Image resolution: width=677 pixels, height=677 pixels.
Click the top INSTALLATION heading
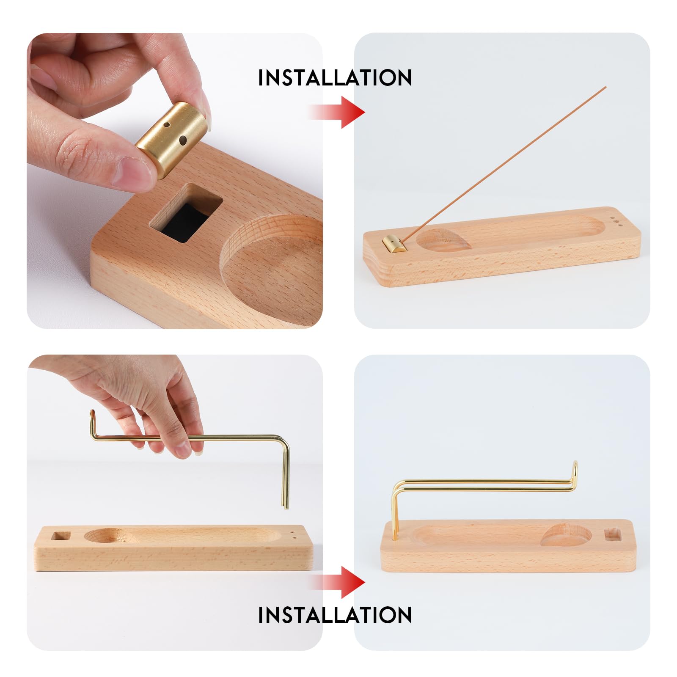tap(335, 77)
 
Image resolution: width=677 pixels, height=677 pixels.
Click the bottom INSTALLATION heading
tap(335, 614)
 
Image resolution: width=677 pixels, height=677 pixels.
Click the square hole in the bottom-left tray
tap(59, 536)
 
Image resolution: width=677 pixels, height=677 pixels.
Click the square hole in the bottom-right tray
tap(613, 534)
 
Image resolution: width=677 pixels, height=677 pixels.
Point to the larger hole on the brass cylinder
tap(183, 140)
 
